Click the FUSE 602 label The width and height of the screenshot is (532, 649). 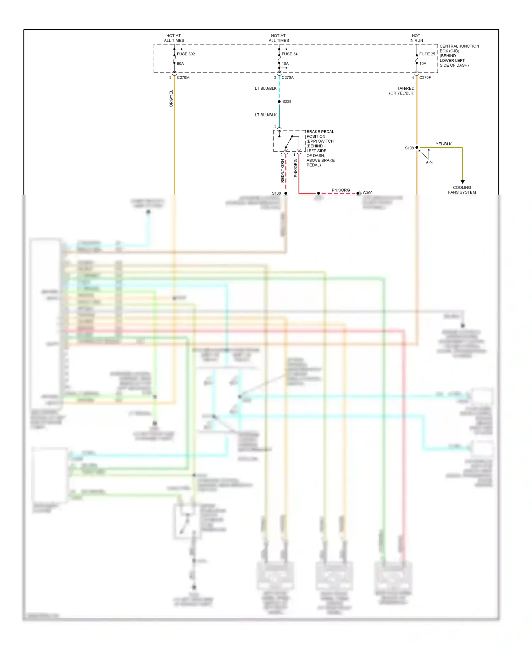click(186, 54)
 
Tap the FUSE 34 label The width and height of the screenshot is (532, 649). click(289, 54)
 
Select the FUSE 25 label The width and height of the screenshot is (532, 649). click(427, 54)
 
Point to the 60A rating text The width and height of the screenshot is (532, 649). click(180, 64)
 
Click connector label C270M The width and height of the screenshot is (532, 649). click(183, 77)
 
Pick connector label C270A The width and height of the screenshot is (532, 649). click(288, 77)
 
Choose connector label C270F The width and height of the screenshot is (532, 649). click(425, 77)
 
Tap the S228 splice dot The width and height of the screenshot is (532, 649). click(279, 102)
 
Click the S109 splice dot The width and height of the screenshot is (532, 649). click(417, 147)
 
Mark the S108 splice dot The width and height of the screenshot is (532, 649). click(286, 193)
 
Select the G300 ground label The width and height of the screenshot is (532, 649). click(367, 193)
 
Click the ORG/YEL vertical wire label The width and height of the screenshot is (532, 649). click(171, 98)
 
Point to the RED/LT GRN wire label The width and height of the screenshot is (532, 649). click(283, 171)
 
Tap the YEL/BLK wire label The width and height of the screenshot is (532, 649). click(443, 144)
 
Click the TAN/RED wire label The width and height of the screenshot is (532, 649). click(405, 88)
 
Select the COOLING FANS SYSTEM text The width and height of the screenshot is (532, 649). click(462, 190)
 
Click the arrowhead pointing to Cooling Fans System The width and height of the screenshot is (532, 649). click(462, 182)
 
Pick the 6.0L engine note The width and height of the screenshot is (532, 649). click(430, 163)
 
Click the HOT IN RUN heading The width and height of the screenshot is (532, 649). click(416, 38)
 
